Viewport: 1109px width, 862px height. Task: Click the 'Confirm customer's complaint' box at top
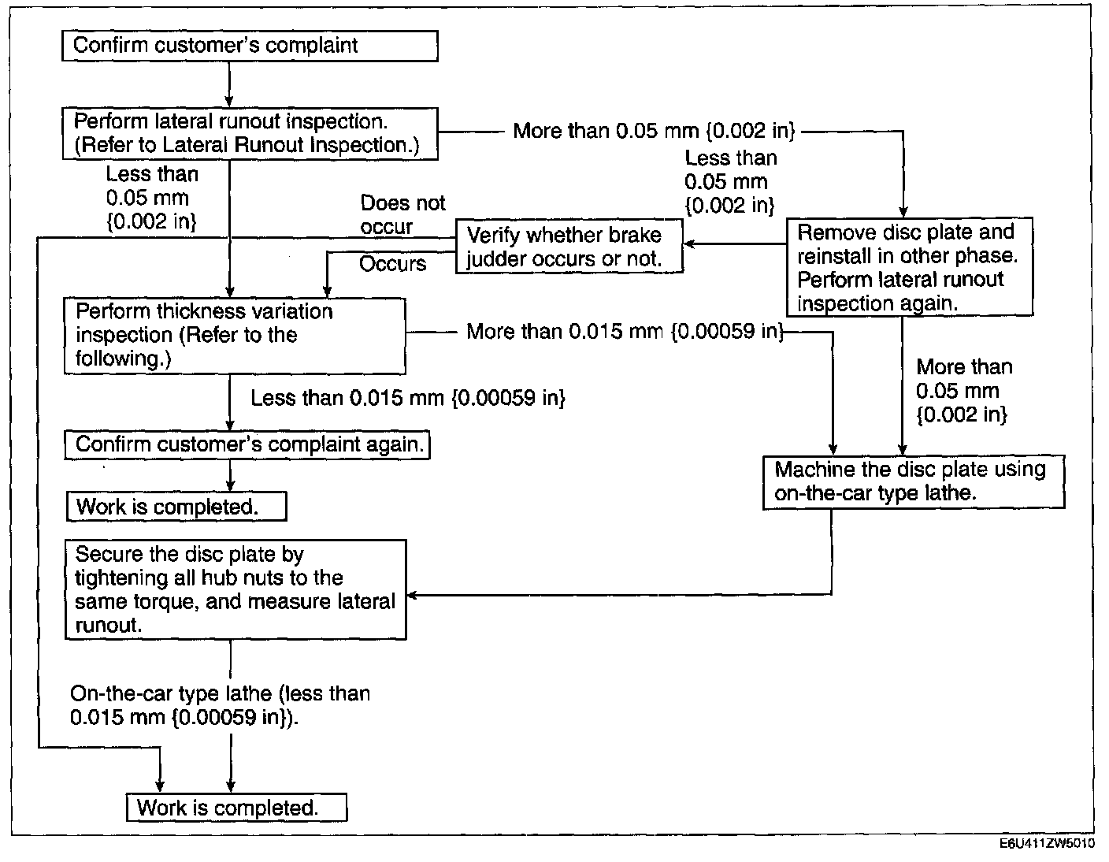[x=250, y=46]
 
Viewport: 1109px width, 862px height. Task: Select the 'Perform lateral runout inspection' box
[x=250, y=133]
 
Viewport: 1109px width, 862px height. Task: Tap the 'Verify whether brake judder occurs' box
[x=569, y=247]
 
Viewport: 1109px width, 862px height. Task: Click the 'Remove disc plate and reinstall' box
[x=909, y=268]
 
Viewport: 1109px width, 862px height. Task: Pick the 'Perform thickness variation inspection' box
[x=234, y=335]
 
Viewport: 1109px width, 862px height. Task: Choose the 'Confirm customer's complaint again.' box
[x=247, y=444]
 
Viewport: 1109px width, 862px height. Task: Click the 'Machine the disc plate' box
[x=914, y=481]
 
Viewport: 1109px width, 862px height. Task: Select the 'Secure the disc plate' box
[x=236, y=589]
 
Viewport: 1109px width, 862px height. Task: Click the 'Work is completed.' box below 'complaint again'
[x=176, y=507]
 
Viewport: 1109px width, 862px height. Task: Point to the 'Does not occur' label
[x=402, y=214]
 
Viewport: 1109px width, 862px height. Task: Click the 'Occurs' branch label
[x=392, y=263]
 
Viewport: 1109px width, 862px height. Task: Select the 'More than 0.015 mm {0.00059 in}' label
[x=625, y=332]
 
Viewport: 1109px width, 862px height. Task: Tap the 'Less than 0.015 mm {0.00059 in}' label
[x=408, y=398]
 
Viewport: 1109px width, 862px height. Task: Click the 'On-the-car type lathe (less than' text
[x=220, y=694]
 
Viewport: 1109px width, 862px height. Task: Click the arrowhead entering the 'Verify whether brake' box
[x=689, y=244]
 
